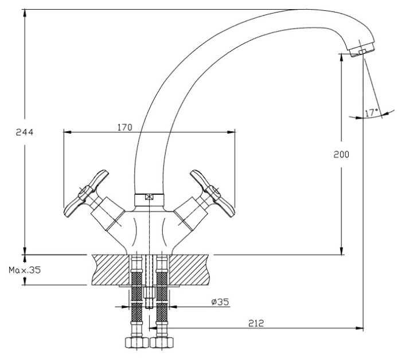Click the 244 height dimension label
pyautogui.click(x=25, y=132)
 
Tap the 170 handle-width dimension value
pyautogui.click(x=125, y=127)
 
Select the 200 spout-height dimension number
pyautogui.click(x=341, y=155)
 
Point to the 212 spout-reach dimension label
pyautogui.click(x=256, y=323)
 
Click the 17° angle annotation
pyautogui.click(x=372, y=112)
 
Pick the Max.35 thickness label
pyautogui.click(x=25, y=270)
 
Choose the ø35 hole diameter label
pyautogui.click(x=220, y=302)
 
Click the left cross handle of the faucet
pyautogui.click(x=86, y=193)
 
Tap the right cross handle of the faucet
pyautogui.click(x=213, y=193)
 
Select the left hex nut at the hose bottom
pyautogui.click(x=137, y=343)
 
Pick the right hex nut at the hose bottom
pyautogui.click(x=162, y=343)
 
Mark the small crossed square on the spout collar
pyautogui.click(x=149, y=197)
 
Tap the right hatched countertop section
pyautogui.click(x=189, y=269)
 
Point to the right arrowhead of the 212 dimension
pyautogui.click(x=360, y=328)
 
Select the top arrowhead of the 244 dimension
pyautogui.click(x=25, y=13)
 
